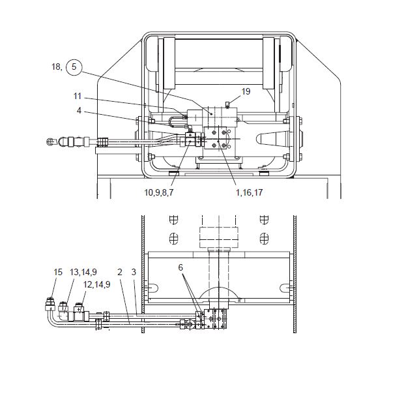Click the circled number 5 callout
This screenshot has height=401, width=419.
[74, 67]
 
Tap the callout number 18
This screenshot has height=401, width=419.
[57, 67]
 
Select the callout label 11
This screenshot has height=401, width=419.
[78, 96]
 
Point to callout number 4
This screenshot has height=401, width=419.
[79, 110]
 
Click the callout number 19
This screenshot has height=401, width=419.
[246, 91]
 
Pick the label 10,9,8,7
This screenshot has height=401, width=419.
[159, 192]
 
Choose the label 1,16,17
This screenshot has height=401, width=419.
[249, 192]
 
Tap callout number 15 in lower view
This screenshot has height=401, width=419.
[58, 272]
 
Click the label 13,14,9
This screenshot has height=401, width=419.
[83, 272]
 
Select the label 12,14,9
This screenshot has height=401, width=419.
[96, 284]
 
